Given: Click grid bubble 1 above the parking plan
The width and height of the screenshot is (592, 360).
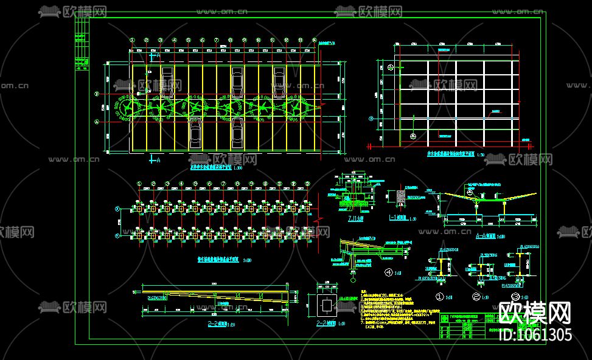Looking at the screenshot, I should coord(132,41).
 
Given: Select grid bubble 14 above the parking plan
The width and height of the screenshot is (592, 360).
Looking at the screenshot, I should coord(314,41).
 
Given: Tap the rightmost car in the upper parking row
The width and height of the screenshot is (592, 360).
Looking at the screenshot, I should coord(279,82).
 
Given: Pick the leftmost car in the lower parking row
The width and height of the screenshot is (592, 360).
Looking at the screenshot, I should coord(195,133).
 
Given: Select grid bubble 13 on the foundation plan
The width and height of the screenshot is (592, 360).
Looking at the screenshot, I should coord(307,184).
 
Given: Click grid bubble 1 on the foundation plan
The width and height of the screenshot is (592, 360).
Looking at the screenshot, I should coord(139,184).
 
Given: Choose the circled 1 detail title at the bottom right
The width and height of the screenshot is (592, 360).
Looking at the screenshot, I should coord(439,297).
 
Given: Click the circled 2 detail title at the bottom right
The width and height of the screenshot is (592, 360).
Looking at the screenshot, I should coord(476,297).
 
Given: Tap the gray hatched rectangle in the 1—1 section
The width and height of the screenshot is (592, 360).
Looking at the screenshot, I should coord(401,196).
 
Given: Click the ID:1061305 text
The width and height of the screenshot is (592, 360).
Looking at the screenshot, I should coord(535,334).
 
